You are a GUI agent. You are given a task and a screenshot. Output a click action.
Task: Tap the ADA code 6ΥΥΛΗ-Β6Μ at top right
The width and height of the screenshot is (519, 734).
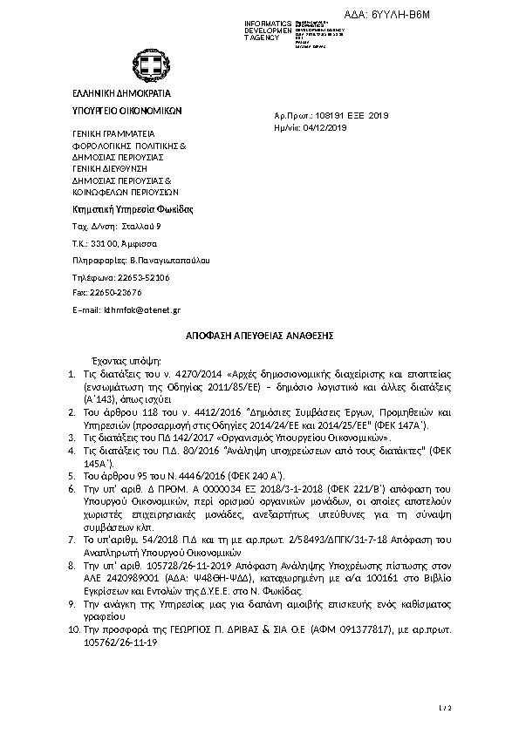click(413, 15)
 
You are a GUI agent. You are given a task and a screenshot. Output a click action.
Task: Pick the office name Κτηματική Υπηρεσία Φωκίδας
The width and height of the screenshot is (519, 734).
click(132, 209)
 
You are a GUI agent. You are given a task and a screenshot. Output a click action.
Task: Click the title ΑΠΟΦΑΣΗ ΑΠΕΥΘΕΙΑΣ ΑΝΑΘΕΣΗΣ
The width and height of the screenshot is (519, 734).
click(260, 335)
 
